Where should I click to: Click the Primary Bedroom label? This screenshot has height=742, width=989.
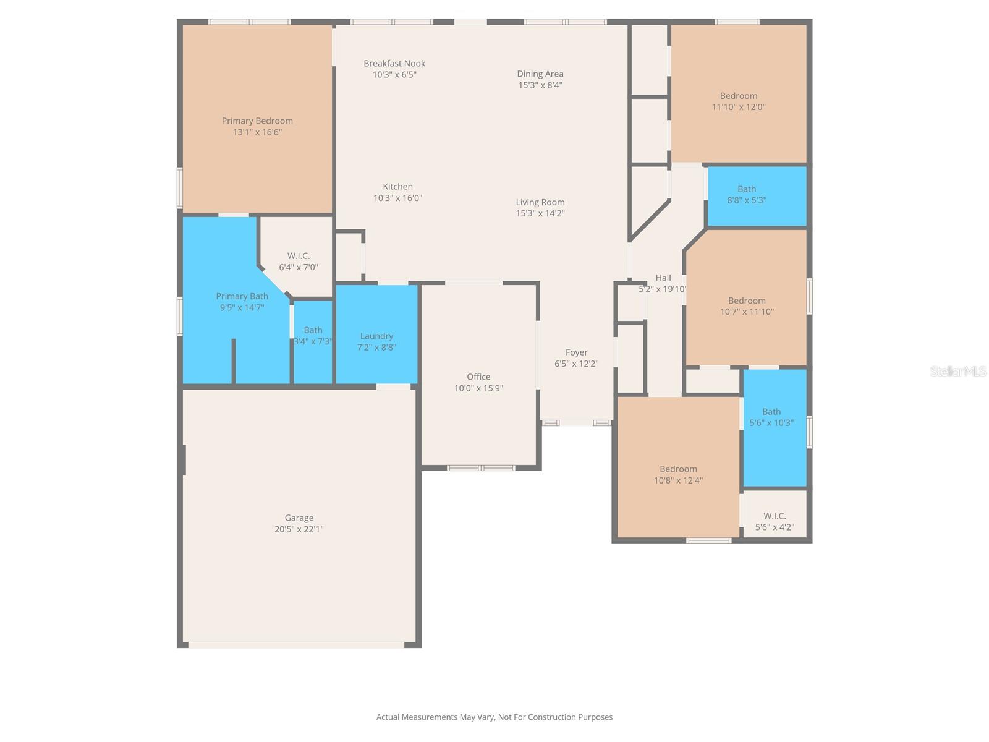click(257, 121)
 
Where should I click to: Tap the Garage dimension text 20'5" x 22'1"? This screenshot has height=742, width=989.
click(299, 529)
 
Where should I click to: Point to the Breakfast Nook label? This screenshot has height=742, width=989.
click(394, 64)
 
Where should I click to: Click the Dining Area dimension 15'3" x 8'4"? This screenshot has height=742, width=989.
click(540, 85)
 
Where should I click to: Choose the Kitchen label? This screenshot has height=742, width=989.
click(397, 187)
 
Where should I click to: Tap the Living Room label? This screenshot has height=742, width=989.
click(540, 202)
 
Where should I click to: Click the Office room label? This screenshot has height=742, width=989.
click(478, 377)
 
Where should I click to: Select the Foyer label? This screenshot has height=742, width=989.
click(576, 352)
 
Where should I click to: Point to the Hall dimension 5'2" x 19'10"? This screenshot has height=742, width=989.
click(663, 289)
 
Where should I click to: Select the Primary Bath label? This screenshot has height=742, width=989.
click(242, 297)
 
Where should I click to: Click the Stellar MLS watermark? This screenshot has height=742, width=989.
click(958, 372)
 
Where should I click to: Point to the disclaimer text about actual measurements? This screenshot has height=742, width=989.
click(494, 717)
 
